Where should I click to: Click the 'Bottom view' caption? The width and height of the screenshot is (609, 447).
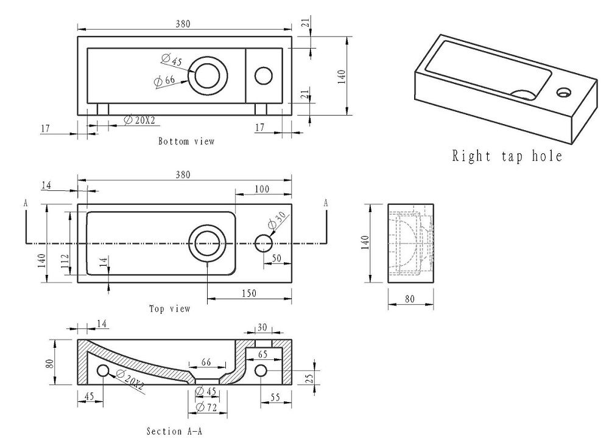(x=186, y=142)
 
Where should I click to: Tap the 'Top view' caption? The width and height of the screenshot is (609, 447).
(x=170, y=309)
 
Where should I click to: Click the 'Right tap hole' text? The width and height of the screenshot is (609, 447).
(x=507, y=156)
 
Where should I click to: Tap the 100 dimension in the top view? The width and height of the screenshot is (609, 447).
(x=262, y=190)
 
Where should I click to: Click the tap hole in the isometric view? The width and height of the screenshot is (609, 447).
(x=564, y=92)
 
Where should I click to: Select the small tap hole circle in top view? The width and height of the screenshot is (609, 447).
(x=263, y=243)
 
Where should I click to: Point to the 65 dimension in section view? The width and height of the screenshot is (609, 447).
(x=263, y=353)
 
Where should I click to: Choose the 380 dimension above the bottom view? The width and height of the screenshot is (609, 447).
(x=183, y=24)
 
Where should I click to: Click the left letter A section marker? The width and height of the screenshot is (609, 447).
(x=26, y=203)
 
